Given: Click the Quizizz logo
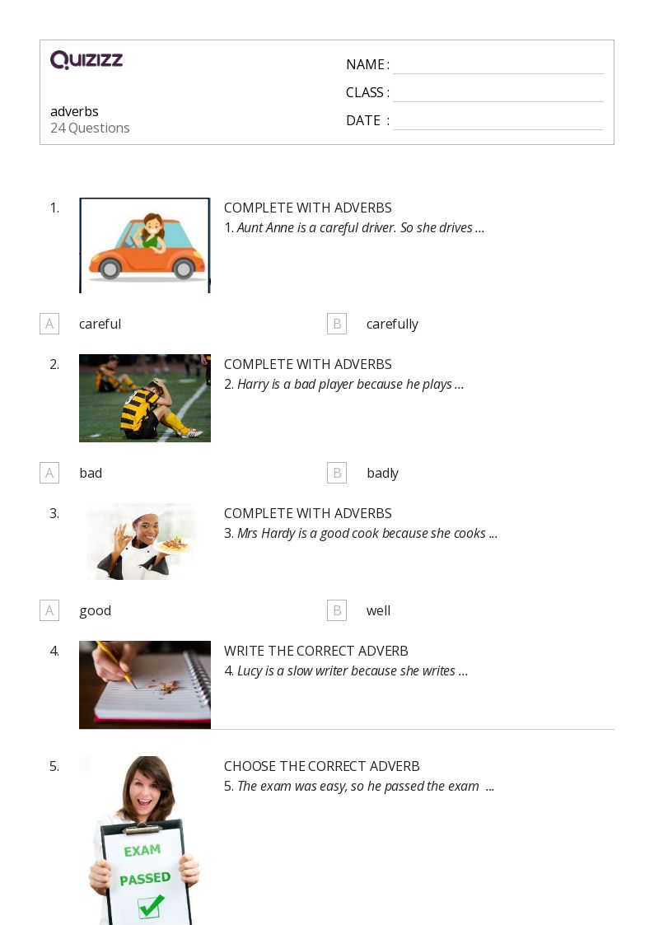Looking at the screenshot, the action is [x=86, y=59].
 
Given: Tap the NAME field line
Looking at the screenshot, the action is [x=498, y=74].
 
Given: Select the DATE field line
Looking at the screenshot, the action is [x=498, y=129].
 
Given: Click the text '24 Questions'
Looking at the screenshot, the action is [x=90, y=128].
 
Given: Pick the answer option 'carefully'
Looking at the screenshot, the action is [x=392, y=324].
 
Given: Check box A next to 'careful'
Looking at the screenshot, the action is [x=49, y=324].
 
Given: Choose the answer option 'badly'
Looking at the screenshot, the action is [x=383, y=473].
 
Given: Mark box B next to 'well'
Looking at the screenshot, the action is [x=337, y=610].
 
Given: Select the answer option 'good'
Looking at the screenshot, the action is [x=96, y=611].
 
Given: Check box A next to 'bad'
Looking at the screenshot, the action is [x=49, y=473].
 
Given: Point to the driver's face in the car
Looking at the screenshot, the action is [x=153, y=225].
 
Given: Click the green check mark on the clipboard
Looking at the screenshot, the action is [x=152, y=905].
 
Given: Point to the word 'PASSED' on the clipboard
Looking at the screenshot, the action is [x=145, y=879].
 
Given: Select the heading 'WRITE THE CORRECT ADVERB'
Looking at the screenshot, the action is [x=316, y=651].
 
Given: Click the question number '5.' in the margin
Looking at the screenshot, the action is [x=54, y=766].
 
